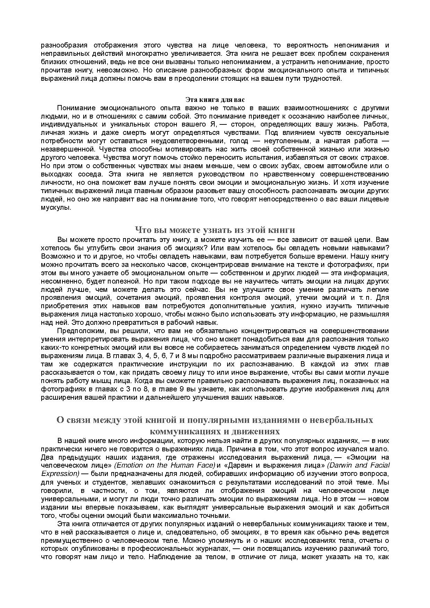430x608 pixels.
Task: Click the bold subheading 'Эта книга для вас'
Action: (215, 100)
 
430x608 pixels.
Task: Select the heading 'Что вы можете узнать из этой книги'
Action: (215, 230)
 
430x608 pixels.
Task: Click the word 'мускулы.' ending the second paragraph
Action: (56, 208)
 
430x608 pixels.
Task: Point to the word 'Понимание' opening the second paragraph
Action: (74, 108)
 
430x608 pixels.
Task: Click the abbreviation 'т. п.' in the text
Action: (364, 298)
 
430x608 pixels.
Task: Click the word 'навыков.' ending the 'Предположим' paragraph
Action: (272, 398)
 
